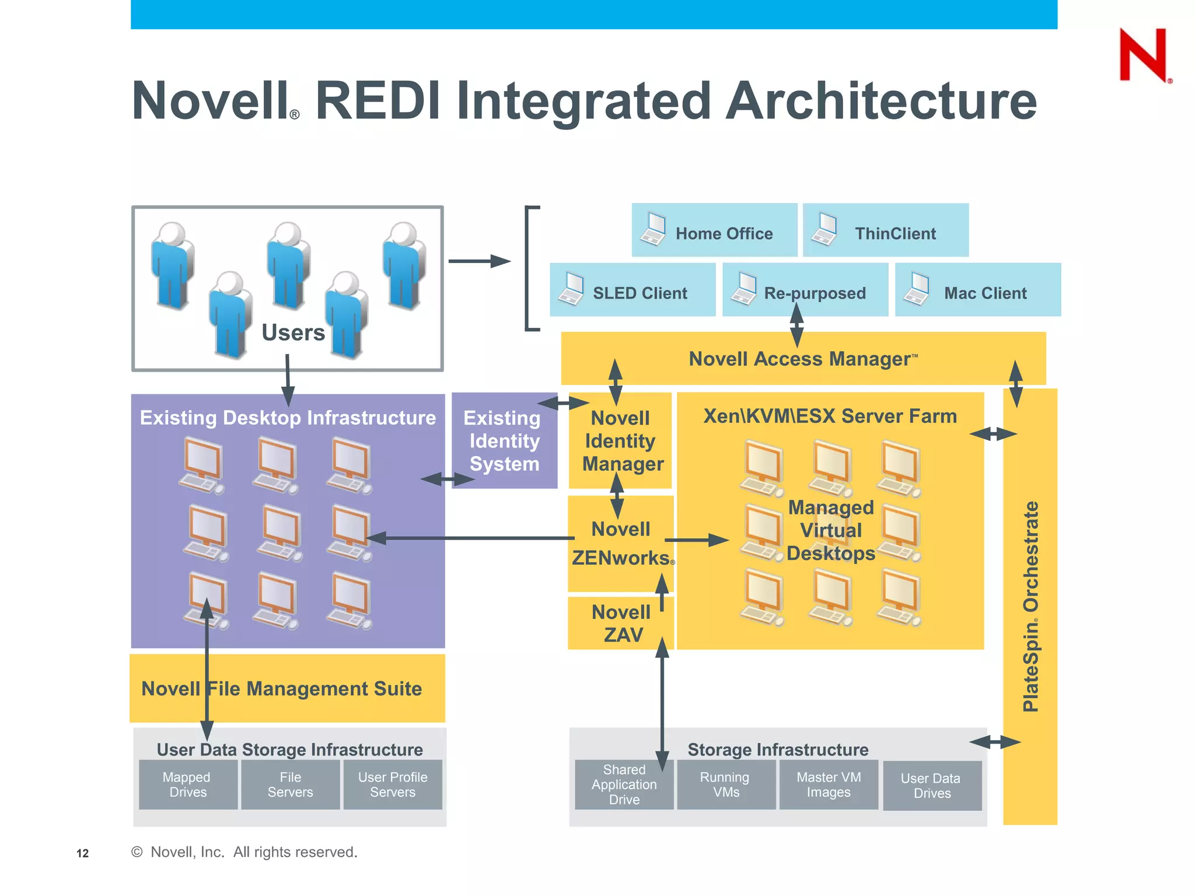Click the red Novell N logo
1143,55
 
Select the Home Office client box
714,230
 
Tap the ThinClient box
885,230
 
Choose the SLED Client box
633,290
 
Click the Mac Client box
977,290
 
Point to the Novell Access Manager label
803,359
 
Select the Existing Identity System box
504,441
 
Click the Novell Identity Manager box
621,441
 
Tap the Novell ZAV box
621,623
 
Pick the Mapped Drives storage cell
188,785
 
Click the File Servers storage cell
290,785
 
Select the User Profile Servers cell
393,785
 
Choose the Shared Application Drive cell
624,785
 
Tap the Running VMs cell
726,785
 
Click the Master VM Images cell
829,785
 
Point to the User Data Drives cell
932,786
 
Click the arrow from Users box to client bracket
479,261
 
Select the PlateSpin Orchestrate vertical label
1030,607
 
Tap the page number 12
83,853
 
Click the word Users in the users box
293,332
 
